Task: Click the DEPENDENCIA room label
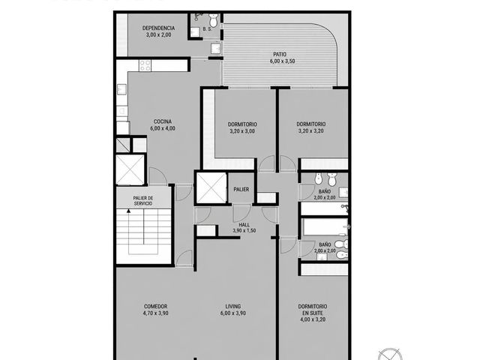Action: pos(158,28)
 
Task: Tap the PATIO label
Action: pos(280,55)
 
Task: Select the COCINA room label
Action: pos(163,121)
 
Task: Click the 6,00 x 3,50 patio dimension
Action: pos(282,61)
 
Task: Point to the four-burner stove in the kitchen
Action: pos(145,65)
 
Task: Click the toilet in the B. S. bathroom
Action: pos(213,20)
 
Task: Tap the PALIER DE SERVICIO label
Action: pos(143,201)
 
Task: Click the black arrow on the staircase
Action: pos(128,211)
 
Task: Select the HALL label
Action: pos(244,225)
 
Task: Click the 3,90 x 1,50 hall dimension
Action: pos(244,231)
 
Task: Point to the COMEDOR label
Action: pos(155,307)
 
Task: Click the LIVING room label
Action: pos(233,307)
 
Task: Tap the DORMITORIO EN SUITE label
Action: pos(313,310)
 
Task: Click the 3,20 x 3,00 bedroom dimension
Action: pos(242,131)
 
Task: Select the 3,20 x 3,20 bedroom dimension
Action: pos(311,131)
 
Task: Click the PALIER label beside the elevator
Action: pos(241,190)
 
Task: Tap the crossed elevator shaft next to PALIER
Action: pos(211,188)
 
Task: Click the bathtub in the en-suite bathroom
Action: pos(325,226)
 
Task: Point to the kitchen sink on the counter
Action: pos(121,89)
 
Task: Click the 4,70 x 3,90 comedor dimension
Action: pos(155,313)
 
